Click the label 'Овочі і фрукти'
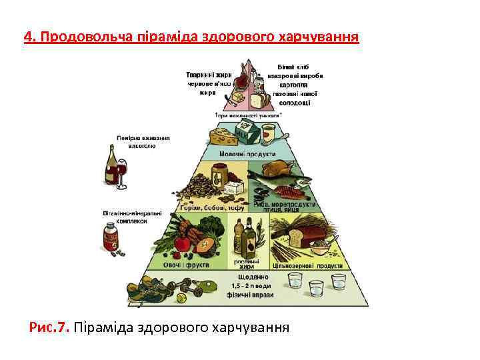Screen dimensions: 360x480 (191, 265)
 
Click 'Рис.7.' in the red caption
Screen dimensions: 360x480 (49, 327)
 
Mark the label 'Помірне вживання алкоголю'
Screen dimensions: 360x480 (143, 141)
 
